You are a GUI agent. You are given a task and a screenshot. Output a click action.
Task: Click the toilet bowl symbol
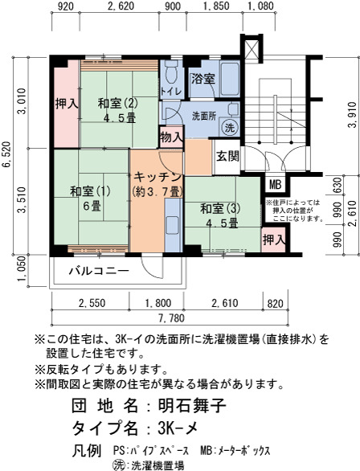tap(171, 72)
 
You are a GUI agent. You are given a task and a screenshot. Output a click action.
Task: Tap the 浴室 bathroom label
tap(203, 80)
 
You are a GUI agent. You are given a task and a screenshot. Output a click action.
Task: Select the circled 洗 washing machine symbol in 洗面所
tap(230, 128)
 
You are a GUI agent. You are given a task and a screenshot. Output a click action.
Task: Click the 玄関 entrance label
tap(228, 156)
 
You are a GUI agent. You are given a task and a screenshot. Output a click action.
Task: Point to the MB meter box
tap(276, 185)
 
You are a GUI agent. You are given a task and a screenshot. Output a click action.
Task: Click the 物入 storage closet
tap(171, 137)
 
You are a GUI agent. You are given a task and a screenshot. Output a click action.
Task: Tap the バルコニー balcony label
tap(99, 271)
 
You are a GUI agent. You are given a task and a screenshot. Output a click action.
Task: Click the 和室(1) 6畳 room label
tap(90, 199)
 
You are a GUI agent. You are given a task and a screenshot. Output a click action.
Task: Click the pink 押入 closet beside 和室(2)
tap(67, 104)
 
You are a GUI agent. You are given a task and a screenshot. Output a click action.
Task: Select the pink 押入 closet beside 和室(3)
tap(273, 240)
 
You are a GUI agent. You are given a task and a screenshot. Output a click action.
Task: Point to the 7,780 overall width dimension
tap(171, 317)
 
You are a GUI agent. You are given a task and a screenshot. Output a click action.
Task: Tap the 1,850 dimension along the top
tap(216, 6)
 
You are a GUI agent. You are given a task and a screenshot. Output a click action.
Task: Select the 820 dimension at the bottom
tap(275, 303)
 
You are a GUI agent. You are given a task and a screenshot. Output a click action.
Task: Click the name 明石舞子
tap(192, 406)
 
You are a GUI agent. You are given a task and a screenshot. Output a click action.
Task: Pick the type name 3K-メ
tap(178, 428)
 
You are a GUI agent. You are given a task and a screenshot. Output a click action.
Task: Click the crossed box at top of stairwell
tap(252, 48)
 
